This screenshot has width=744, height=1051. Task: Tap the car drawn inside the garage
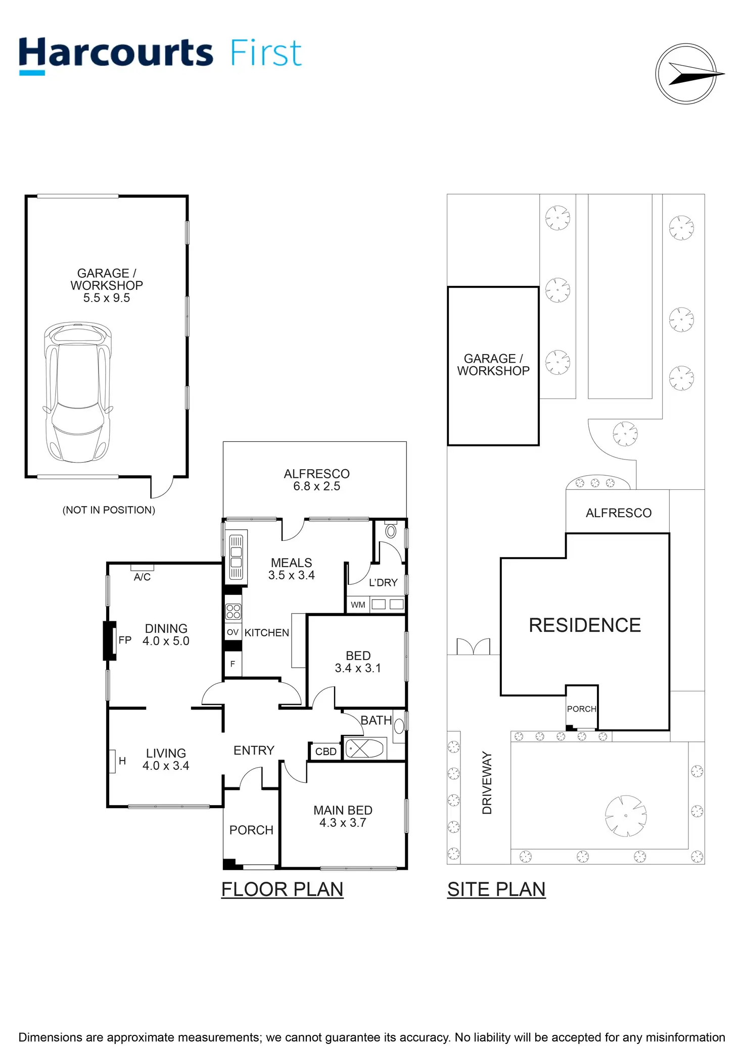[x=77, y=392]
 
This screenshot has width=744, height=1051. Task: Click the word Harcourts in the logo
[x=116, y=54]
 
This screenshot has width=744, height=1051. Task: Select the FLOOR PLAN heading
[x=282, y=889]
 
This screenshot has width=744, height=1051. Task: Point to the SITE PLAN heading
[x=496, y=889]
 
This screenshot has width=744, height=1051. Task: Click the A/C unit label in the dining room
[x=142, y=577]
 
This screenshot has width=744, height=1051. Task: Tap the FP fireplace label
[x=125, y=640]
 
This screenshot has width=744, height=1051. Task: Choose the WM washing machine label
[x=358, y=605]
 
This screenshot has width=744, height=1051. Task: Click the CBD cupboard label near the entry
[x=325, y=752]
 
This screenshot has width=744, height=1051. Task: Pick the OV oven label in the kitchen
[x=232, y=632]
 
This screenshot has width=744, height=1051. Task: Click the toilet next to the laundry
[x=391, y=531]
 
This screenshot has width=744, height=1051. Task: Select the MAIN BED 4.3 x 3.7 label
[x=343, y=816]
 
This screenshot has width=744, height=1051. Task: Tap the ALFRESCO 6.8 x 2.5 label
[x=316, y=480]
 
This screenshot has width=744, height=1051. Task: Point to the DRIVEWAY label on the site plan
[x=487, y=782]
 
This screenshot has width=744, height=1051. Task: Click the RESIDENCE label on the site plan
[x=585, y=625]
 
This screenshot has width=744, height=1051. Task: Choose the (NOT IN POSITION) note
[x=109, y=510]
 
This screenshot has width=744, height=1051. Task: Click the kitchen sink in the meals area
[x=236, y=556]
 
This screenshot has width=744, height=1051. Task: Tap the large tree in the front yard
[x=626, y=816]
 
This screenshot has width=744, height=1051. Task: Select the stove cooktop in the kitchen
[x=233, y=612]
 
